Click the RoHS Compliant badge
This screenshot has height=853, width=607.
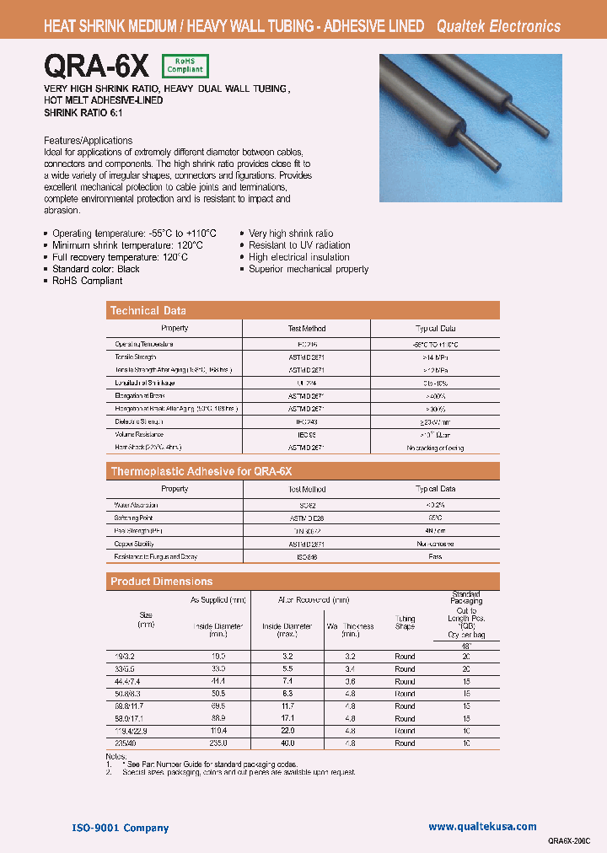click(x=184, y=66)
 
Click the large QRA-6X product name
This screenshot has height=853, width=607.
click(x=97, y=65)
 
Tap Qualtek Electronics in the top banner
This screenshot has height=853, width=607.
click(x=498, y=26)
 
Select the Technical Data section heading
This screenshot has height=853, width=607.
click(x=148, y=311)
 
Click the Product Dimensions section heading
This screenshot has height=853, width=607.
click(x=162, y=582)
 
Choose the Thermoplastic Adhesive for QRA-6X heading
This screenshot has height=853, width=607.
click(x=201, y=471)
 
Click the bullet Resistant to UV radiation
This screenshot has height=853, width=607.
click(x=299, y=245)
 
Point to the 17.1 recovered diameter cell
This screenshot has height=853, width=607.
click(x=287, y=718)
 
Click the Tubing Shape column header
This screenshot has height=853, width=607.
click(x=406, y=622)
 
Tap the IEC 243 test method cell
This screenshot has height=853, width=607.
click(x=306, y=421)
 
